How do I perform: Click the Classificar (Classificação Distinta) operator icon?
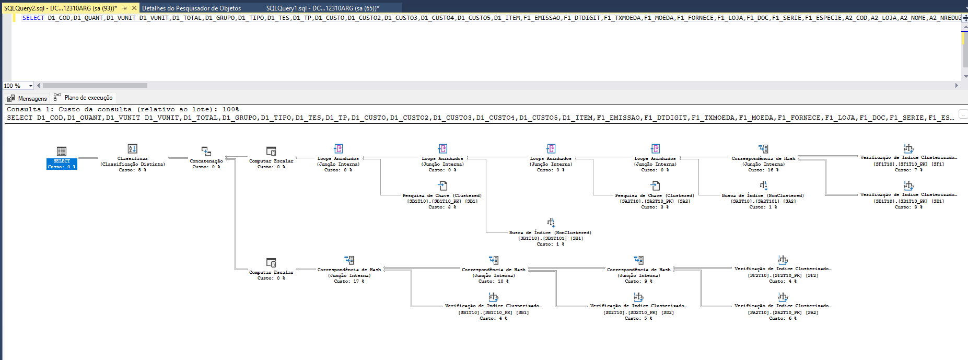[133, 149]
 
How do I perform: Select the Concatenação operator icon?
[206, 151]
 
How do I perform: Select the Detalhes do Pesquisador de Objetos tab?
[191, 8]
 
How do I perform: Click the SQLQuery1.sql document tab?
[322, 8]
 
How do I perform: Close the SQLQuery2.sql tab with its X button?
[134, 8]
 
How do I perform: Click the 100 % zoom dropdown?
[18, 86]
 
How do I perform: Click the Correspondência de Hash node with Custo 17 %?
[349, 260]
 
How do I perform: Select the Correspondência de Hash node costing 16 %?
[763, 149]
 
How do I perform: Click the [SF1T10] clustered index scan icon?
[908, 148]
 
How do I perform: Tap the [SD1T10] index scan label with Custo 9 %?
[908, 201]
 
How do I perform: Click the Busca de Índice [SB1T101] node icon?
[551, 223]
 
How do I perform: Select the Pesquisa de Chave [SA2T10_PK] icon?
[655, 185]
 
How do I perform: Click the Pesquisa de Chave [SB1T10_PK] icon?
[442, 185]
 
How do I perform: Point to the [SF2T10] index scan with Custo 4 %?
[783, 275]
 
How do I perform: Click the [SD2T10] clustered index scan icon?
[638, 297]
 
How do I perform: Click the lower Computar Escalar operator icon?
[271, 262]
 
